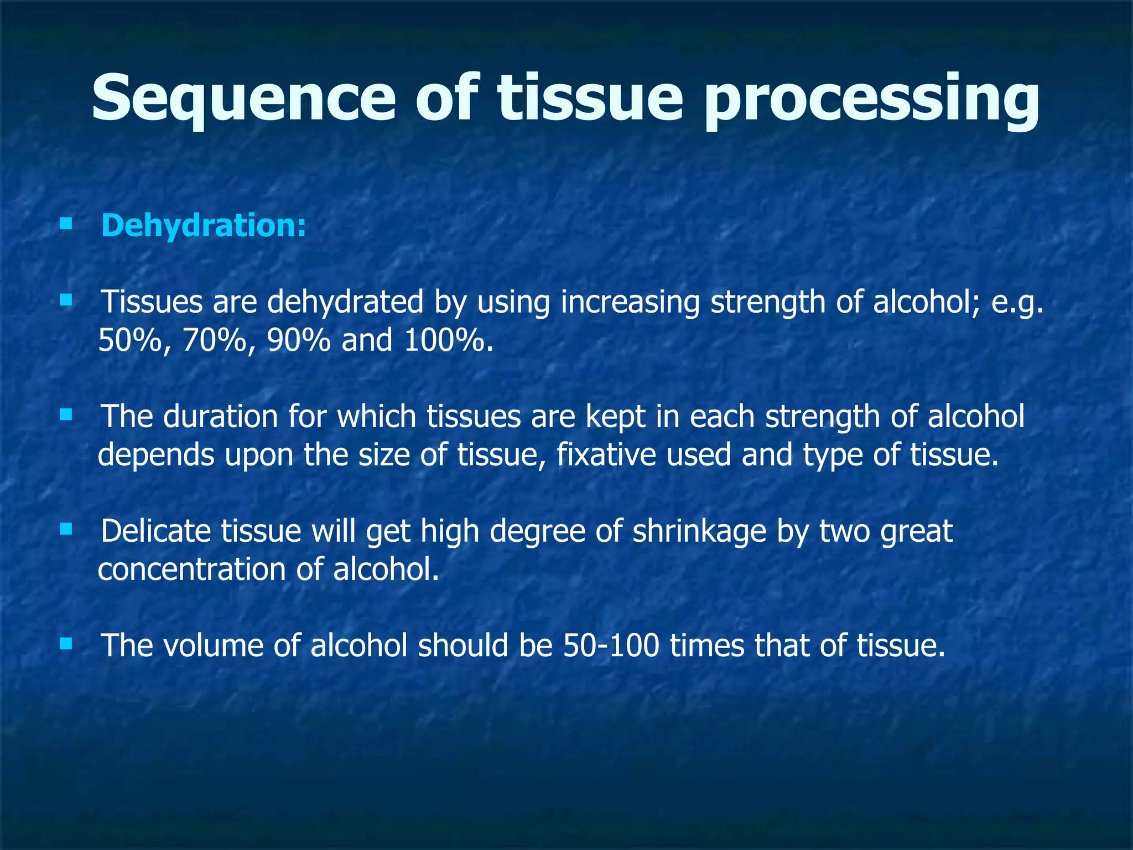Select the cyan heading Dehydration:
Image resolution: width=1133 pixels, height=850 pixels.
(x=203, y=226)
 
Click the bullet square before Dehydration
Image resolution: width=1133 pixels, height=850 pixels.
(x=66, y=224)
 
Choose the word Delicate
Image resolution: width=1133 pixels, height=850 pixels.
(x=156, y=531)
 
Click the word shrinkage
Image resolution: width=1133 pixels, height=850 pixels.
(x=699, y=531)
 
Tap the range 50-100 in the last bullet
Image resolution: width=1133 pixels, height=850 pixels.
(x=611, y=646)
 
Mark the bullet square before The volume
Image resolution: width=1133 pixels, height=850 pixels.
(x=66, y=644)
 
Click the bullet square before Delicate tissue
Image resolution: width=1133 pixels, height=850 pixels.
(x=66, y=529)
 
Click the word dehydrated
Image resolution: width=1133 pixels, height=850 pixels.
(x=345, y=302)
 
